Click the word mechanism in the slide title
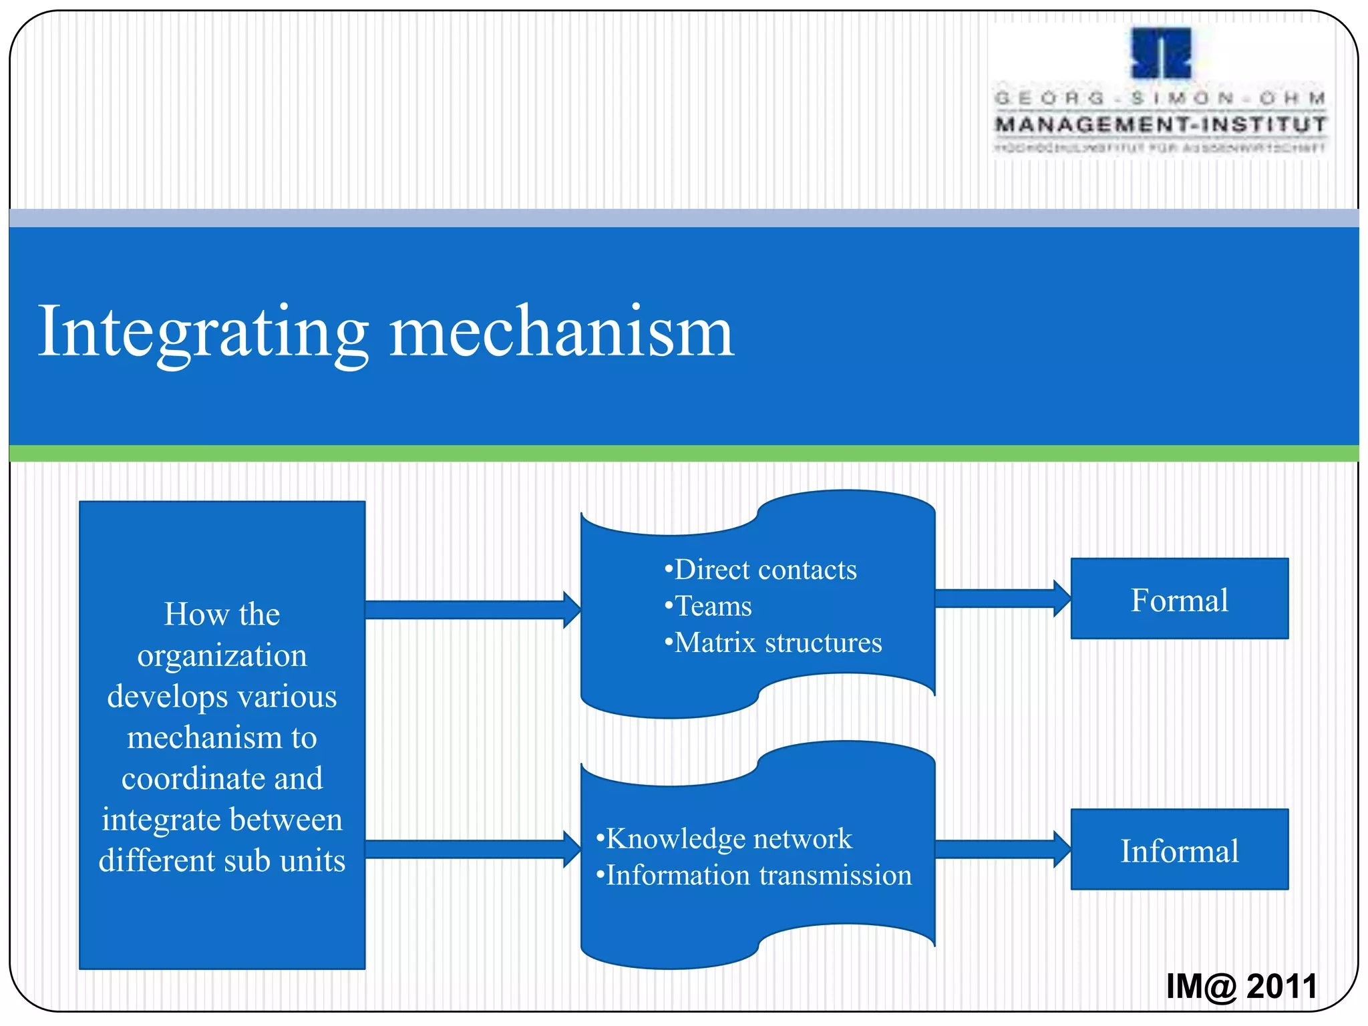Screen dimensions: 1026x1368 pyautogui.click(x=561, y=332)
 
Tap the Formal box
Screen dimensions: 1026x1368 pyautogui.click(x=1179, y=599)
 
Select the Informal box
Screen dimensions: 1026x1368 pyautogui.click(x=1179, y=850)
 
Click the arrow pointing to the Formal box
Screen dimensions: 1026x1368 pyautogui.click(x=1002, y=598)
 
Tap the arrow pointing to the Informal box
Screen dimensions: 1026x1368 pyautogui.click(x=1002, y=850)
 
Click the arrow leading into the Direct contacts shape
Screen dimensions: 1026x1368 pyautogui.click(x=472, y=610)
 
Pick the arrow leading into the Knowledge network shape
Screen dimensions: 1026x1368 pyautogui.click(x=472, y=850)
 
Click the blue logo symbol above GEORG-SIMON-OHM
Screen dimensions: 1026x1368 pyautogui.click(x=1161, y=53)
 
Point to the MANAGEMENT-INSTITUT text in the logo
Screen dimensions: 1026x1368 pyautogui.click(x=1161, y=124)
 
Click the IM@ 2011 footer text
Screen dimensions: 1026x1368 pyautogui.click(x=1241, y=987)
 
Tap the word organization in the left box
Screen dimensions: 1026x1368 pyautogui.click(x=222, y=656)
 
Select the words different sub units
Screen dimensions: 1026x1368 pyautogui.click(x=222, y=860)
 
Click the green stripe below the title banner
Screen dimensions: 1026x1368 pyautogui.click(x=684, y=454)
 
